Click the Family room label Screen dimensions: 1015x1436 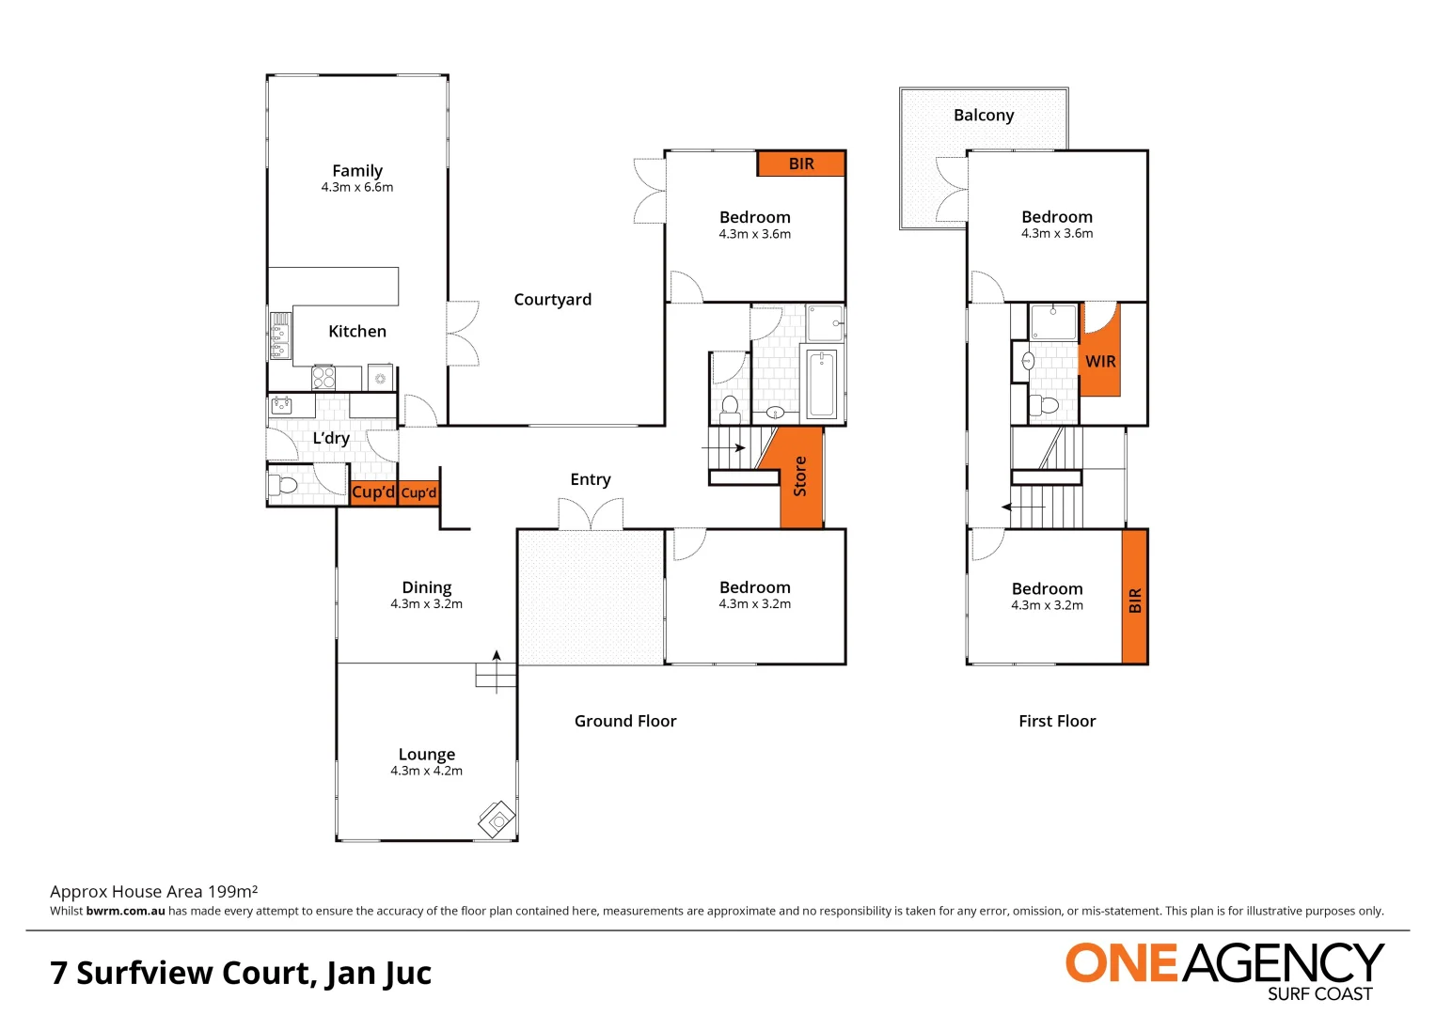click(x=356, y=171)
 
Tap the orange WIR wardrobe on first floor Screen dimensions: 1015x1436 click(x=1100, y=361)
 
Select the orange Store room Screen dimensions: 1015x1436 click(x=800, y=476)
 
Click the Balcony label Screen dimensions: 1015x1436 click(x=984, y=116)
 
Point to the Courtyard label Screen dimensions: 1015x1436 click(x=552, y=300)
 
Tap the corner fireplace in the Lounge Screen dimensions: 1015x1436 click(x=497, y=820)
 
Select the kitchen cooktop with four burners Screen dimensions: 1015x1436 click(x=323, y=378)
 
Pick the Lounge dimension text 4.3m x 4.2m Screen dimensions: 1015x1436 click(x=426, y=771)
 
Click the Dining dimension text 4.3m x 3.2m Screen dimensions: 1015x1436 click(x=426, y=604)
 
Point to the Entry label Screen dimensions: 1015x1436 click(x=590, y=479)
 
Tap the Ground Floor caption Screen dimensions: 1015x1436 click(x=625, y=721)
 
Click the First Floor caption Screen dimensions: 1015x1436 click(x=1057, y=721)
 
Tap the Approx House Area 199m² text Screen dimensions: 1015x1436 click(x=153, y=891)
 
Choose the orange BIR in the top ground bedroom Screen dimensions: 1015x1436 click(x=801, y=164)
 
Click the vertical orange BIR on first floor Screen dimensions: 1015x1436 click(x=1134, y=598)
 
